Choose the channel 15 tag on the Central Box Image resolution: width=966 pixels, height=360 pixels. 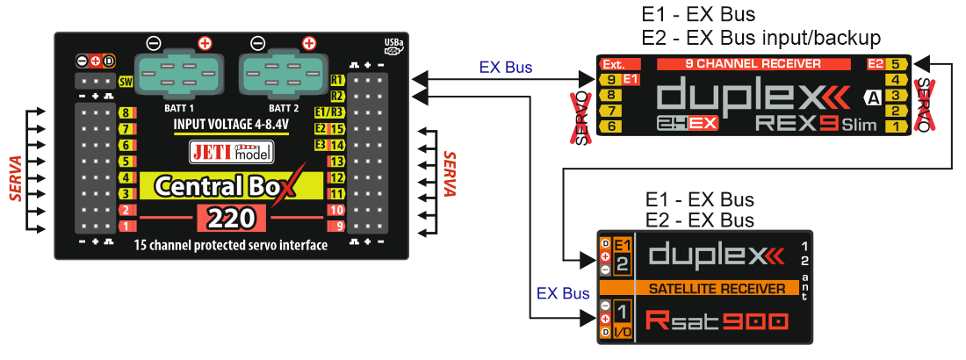pos(336,129)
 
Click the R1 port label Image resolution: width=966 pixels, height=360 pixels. pos(336,80)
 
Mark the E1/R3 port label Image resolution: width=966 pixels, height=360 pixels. pos(329,112)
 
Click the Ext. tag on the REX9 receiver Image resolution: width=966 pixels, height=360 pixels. pos(613,64)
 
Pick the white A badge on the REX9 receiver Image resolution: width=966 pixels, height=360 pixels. pos(873,97)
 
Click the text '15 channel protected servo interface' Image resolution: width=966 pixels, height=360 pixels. pos(231,245)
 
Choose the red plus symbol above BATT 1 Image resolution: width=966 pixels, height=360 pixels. pos(205,41)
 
